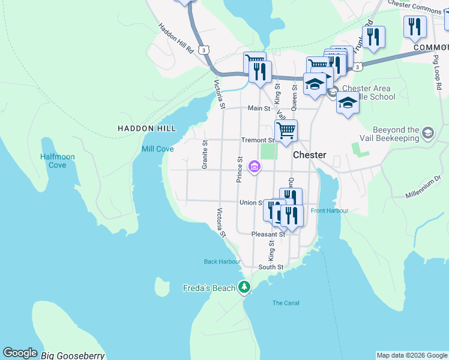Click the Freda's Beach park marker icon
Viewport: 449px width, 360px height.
(x=244, y=287)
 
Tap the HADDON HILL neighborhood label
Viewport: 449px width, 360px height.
(x=147, y=128)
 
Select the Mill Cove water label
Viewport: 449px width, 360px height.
(x=157, y=149)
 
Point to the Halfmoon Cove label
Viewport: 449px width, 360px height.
(x=58, y=161)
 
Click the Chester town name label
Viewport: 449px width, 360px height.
(x=309, y=155)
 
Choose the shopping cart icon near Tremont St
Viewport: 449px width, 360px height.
(x=286, y=130)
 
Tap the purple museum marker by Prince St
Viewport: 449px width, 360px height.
(x=255, y=166)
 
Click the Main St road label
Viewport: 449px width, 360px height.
(x=259, y=109)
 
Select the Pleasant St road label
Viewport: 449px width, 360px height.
(x=268, y=234)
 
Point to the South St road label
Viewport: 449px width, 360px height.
(x=270, y=267)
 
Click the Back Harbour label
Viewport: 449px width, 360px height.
(x=222, y=262)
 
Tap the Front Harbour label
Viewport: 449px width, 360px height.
(x=330, y=211)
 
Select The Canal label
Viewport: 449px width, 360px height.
(x=286, y=303)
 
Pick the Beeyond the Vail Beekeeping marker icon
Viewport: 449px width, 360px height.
(x=428, y=133)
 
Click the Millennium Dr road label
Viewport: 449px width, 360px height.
(x=423, y=187)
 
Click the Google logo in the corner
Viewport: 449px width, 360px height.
(x=20, y=353)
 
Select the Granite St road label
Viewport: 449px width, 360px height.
(x=205, y=155)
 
